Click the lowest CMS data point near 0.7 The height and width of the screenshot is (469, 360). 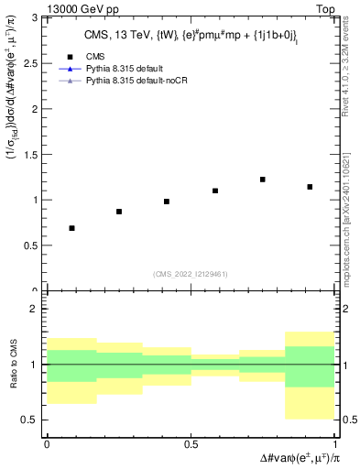(x=71, y=228)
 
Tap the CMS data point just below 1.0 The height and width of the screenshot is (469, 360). (x=167, y=202)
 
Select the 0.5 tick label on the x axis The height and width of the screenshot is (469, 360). (x=191, y=442)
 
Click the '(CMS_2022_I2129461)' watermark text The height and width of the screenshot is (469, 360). (x=191, y=273)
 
